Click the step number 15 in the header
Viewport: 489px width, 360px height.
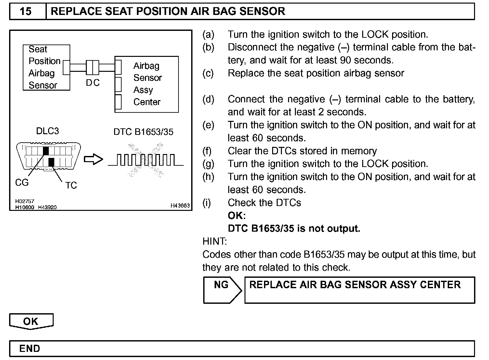pos(26,12)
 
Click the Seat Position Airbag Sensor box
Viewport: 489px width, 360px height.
pos(46,67)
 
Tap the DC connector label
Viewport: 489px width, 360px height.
pos(93,83)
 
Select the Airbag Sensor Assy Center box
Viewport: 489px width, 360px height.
pos(147,84)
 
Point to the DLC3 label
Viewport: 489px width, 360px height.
pos(47,131)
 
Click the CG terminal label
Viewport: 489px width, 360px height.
pos(22,183)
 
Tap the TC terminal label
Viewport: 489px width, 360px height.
pos(71,186)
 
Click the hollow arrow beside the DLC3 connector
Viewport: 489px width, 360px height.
pos(93,160)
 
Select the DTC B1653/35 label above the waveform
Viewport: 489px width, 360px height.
pos(143,132)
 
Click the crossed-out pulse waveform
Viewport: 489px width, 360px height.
pos(145,160)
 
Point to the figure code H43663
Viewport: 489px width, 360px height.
pos(180,205)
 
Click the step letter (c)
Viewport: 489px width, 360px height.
pos(208,73)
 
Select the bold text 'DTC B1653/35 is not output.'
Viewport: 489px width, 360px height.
pos(294,229)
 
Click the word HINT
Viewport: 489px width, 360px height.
pos(215,241)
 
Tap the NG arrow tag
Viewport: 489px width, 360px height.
pos(222,289)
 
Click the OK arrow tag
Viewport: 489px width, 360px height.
pos(31,321)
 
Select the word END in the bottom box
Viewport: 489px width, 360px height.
pos(30,349)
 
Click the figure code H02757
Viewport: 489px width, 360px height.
pos(24,201)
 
